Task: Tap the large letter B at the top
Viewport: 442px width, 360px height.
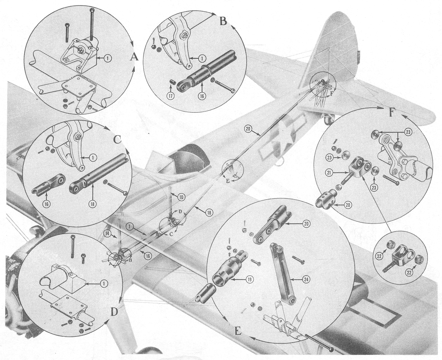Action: (x=223, y=21)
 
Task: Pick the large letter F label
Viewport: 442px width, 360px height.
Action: (x=391, y=113)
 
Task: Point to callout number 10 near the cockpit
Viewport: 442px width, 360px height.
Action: (x=181, y=197)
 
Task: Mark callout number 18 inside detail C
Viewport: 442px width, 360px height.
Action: (x=92, y=204)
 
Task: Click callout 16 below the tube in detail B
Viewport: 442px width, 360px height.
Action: (x=202, y=96)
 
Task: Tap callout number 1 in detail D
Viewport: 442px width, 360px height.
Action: (x=104, y=283)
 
